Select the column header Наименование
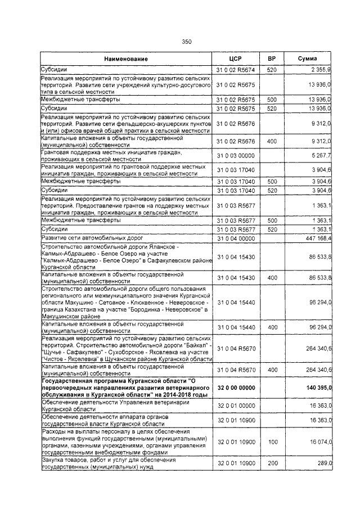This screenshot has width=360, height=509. coord(126,58)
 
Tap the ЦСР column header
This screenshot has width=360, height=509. coord(235,58)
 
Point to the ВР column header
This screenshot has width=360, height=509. coord(272,58)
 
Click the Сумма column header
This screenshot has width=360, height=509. coord(307,58)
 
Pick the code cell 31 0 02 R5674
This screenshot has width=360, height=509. coord(235,69)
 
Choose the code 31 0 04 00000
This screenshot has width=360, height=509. coord(235,238)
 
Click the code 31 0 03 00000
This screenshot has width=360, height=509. coord(235,156)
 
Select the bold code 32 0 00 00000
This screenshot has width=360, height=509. coord(235,388)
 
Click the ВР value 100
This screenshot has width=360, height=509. coord(272,443)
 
